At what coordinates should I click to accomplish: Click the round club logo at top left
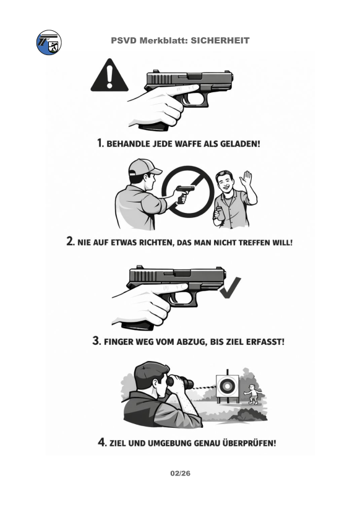tap(49, 43)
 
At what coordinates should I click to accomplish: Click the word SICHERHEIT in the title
tap(220, 40)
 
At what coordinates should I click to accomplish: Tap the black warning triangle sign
tap(109, 75)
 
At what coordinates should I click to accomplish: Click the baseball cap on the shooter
tap(144, 167)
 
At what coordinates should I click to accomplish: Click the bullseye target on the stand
tap(227, 386)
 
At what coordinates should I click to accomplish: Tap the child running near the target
tap(252, 394)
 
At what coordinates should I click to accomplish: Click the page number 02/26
tap(180, 473)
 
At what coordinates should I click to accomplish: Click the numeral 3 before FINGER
tap(96, 341)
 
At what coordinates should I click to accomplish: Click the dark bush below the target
tap(249, 415)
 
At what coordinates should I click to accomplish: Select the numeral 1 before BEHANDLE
tap(100, 142)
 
